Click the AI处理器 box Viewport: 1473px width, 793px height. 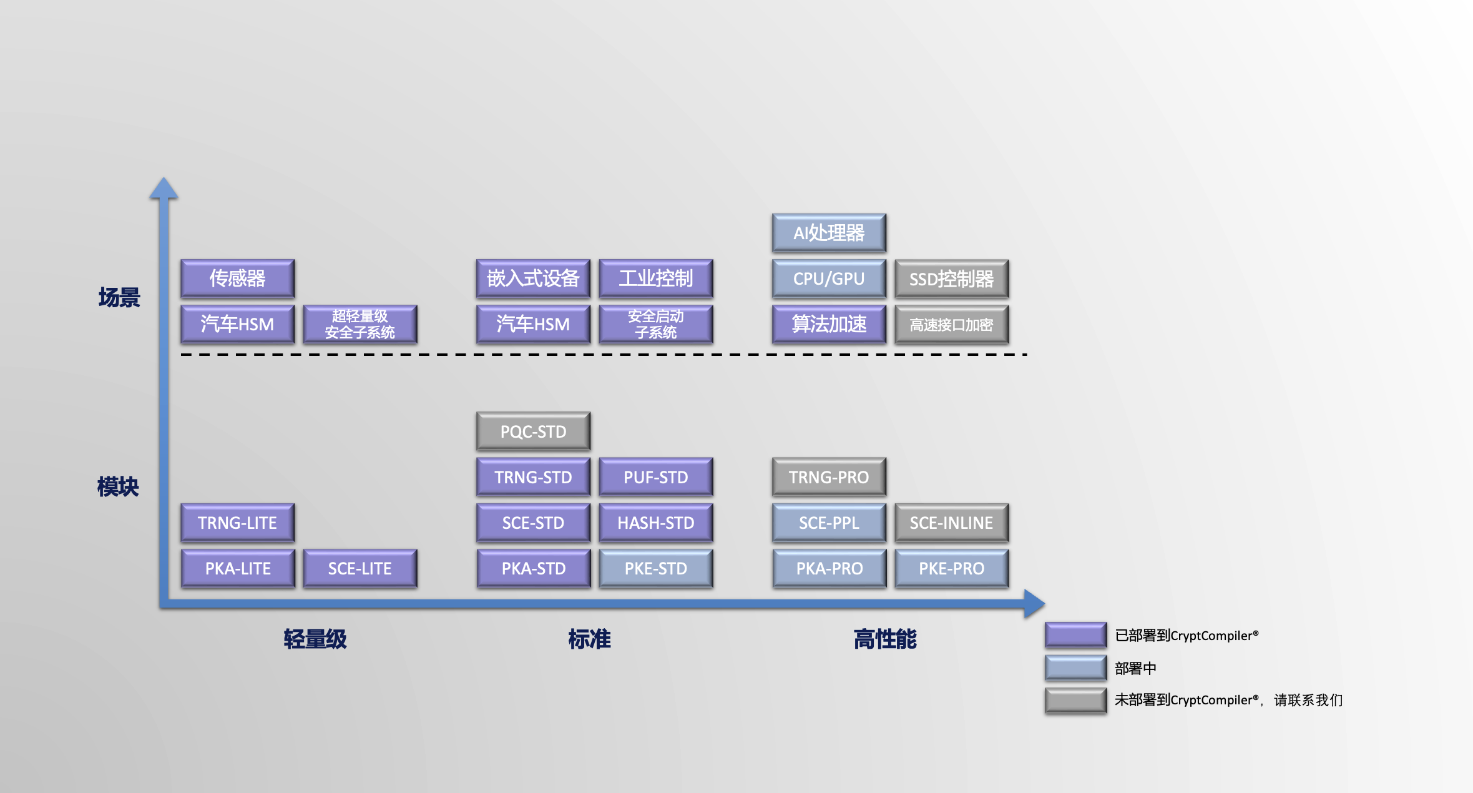pyautogui.click(x=828, y=233)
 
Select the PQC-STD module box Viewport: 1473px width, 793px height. pyautogui.click(x=533, y=431)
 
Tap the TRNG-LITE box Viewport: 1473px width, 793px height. pyautogui.click(x=237, y=523)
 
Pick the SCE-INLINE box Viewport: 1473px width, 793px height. pyautogui.click(x=951, y=523)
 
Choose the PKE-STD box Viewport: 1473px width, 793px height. pyautogui.click(x=655, y=568)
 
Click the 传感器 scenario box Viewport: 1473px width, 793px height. pyautogui.click(x=237, y=278)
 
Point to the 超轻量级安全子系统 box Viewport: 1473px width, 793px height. pyautogui.click(x=360, y=324)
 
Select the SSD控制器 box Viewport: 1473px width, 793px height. pyautogui.click(x=951, y=278)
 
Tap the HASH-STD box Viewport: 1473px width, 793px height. pyautogui.click(x=655, y=523)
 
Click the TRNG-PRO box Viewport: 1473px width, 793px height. pyautogui.click(x=828, y=477)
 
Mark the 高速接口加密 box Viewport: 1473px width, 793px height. pyautogui.click(x=951, y=324)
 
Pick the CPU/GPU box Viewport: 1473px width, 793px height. pyautogui.click(x=828, y=278)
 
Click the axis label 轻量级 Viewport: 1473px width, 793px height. pyautogui.click(x=315, y=639)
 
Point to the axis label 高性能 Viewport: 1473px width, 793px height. pyautogui.click(x=884, y=639)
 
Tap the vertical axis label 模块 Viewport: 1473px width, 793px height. pyautogui.click(x=118, y=486)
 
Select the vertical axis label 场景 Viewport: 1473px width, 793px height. pyautogui.click(x=119, y=297)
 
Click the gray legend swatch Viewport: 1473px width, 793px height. pyautogui.click(x=1075, y=700)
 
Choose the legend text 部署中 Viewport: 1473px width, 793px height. pyautogui.click(x=1135, y=668)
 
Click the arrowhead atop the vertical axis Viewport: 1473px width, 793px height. pyautogui.click(x=164, y=187)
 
